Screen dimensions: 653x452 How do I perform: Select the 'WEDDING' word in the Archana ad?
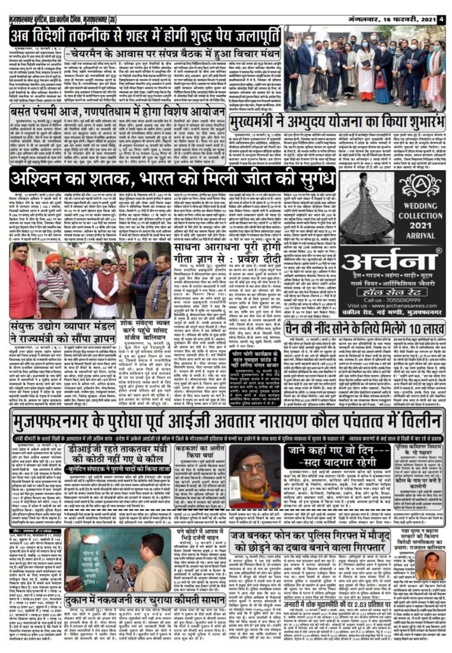point(417,207)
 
